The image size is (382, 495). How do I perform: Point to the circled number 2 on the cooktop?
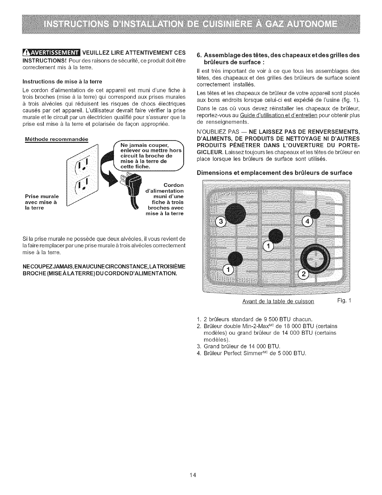point(303,274)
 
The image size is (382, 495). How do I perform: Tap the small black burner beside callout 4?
point(315,214)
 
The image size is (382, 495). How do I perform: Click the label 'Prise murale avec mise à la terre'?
point(42,202)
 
